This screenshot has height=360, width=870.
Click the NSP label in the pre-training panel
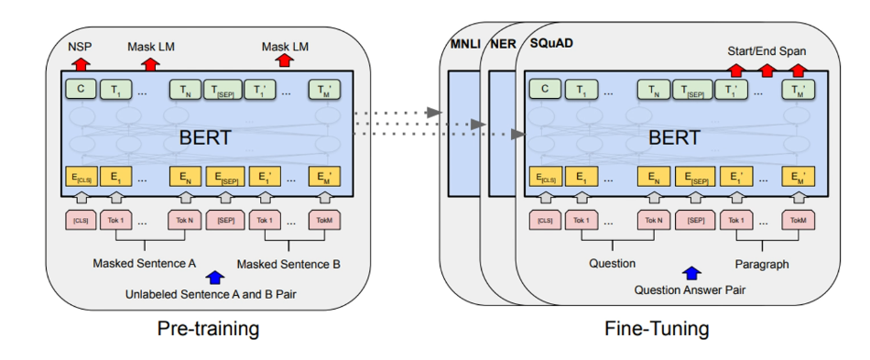pos(80,46)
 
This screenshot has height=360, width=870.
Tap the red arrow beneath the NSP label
pos(80,62)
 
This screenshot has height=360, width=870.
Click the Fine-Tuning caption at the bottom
pos(656,328)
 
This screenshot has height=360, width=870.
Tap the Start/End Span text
pos(765,50)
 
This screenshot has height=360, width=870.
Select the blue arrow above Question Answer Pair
pos(692,273)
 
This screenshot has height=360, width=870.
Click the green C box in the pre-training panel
pos(80,90)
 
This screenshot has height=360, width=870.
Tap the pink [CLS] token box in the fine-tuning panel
pos(545,220)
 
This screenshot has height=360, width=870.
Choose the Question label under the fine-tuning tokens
pos(612,264)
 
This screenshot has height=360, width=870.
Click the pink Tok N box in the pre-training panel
pos(183,220)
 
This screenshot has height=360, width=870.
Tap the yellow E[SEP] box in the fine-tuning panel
pos(695,177)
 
